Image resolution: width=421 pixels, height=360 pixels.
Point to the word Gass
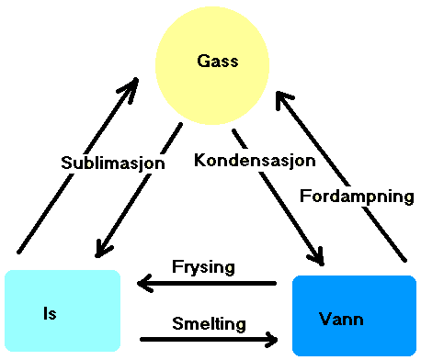coord(217,62)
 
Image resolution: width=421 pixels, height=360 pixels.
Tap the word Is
coord(51,313)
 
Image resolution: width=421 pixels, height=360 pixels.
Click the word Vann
coord(341,319)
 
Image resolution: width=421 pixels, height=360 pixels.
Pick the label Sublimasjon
coord(112,163)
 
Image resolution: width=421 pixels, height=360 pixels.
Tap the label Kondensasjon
coord(255,159)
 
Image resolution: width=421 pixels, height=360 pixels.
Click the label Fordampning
coord(357,196)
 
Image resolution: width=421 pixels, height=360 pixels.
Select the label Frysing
coord(203,267)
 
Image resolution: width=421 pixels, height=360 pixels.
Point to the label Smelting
coord(209,323)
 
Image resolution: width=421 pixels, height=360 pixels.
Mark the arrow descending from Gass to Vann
coord(280,198)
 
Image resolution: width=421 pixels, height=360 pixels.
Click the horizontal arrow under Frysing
coord(207,283)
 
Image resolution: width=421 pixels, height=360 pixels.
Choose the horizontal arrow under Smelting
coord(207,340)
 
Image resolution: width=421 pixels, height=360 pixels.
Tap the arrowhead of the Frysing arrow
coord(143,283)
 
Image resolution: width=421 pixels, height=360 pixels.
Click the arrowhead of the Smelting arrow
coord(271,340)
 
